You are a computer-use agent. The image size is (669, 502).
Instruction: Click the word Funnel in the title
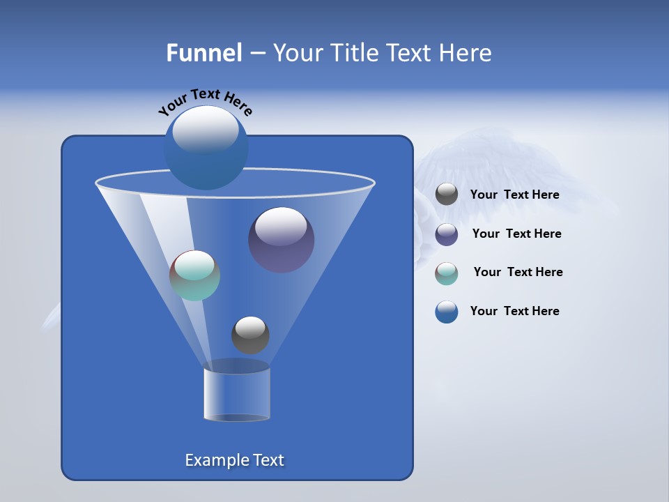(203, 53)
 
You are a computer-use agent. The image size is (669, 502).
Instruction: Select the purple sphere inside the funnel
(282, 240)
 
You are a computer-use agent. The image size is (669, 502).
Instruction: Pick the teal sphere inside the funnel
(194, 275)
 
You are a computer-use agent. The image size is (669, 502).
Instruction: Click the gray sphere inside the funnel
(250, 335)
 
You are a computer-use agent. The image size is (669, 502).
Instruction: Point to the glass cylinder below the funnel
(237, 394)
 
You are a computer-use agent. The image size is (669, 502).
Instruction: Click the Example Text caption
(234, 460)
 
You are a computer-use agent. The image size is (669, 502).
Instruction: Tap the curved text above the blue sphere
(205, 101)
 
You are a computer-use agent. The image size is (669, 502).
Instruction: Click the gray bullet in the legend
(447, 195)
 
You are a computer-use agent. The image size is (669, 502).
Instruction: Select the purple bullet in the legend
(447, 234)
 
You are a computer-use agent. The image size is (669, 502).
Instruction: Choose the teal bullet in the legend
(447, 273)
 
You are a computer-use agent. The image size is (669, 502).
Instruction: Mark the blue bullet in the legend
(447, 312)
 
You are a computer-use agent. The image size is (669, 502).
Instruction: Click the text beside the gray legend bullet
(514, 195)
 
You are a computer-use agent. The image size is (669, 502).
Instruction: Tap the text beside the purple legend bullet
(516, 234)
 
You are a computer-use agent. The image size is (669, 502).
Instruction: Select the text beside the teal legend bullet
(518, 272)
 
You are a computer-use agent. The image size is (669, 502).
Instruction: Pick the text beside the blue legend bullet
(514, 311)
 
